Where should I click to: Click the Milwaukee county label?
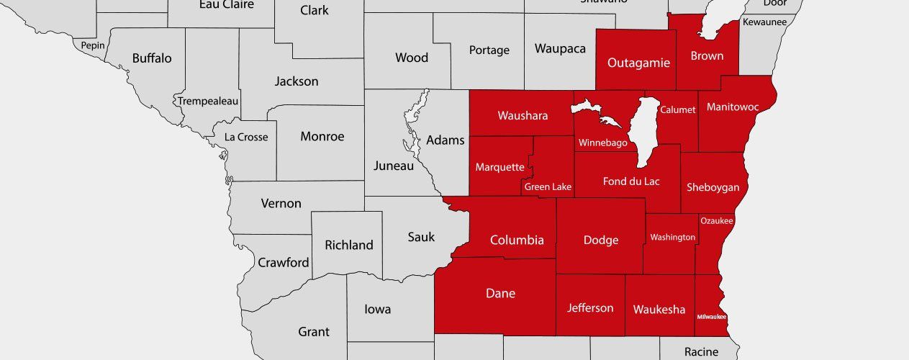click(711, 317)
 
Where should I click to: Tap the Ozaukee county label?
click(716, 221)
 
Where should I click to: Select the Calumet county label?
click(678, 110)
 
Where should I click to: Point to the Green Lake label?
click(548, 187)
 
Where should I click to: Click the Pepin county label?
click(93, 45)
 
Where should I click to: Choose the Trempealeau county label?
click(208, 101)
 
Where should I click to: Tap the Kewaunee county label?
click(764, 22)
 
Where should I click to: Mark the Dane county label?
click(500, 293)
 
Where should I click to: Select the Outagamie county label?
click(638, 63)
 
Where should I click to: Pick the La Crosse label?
click(246, 137)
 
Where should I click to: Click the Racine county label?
click(701, 351)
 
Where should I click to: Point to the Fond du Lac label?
click(631, 181)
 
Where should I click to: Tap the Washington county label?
click(672, 237)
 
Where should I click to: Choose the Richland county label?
click(349, 245)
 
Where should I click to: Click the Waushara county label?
click(523, 115)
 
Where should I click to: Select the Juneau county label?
click(394, 166)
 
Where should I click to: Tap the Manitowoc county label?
click(733, 107)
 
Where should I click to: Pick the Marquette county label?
click(499, 167)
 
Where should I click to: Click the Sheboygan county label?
click(713, 187)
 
